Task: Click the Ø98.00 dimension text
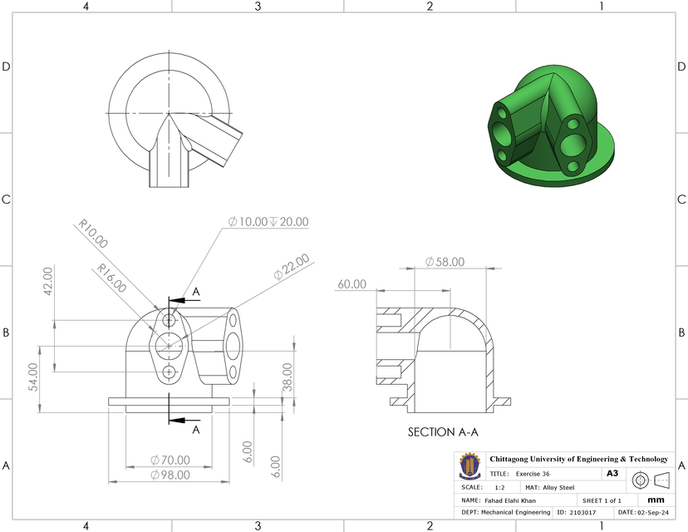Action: tap(170, 475)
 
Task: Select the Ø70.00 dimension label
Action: tap(170, 460)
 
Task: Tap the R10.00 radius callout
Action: tap(92, 234)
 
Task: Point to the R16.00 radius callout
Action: tap(111, 278)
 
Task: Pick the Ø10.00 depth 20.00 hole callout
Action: tap(268, 222)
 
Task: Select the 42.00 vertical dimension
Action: tap(47, 281)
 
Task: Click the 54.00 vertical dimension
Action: tap(34, 377)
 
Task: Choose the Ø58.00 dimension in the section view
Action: tap(444, 262)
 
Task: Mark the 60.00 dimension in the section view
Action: tap(351, 284)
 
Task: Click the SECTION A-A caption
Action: tap(443, 432)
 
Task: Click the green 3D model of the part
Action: tap(550, 125)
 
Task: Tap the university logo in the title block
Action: tap(470, 465)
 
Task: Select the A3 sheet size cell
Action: tap(612, 473)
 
